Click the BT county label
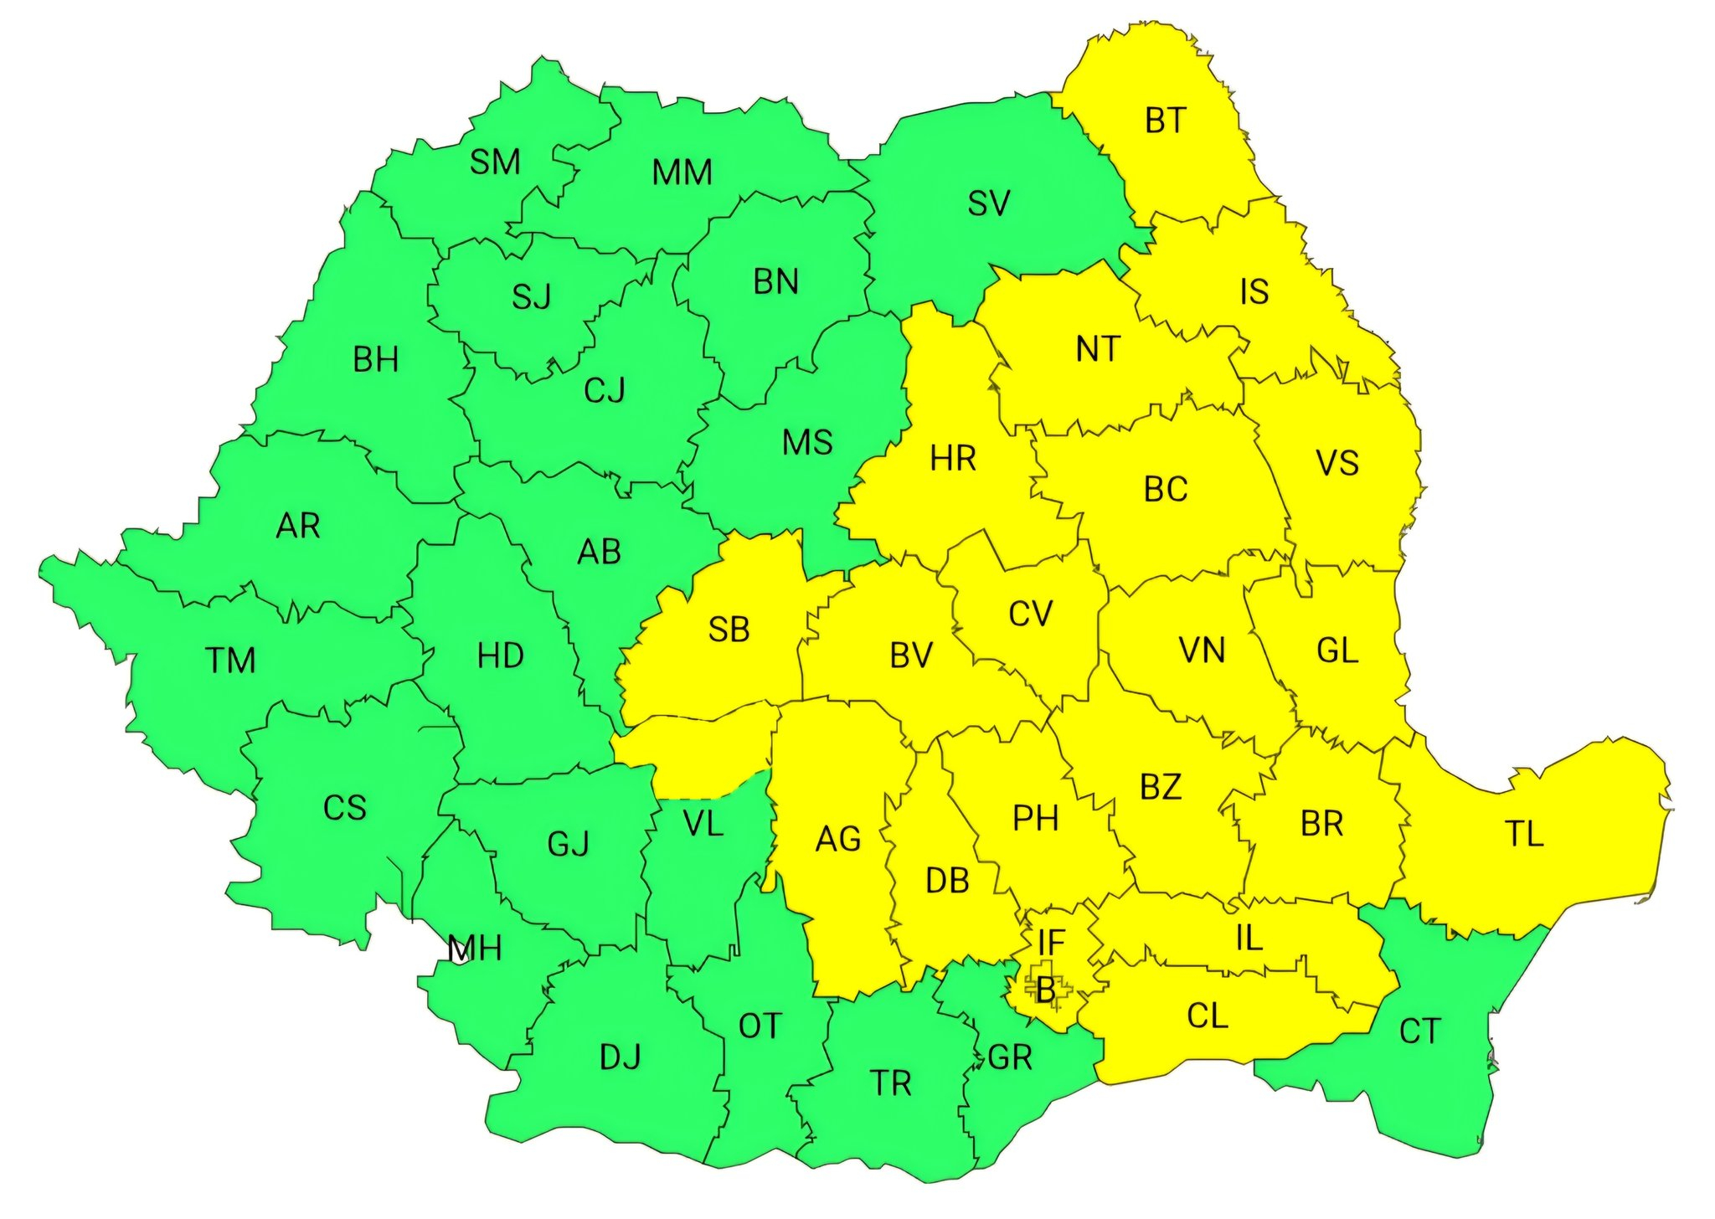tap(1165, 121)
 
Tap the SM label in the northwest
tap(495, 162)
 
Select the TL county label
tap(1523, 835)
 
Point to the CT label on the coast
tap(1419, 1031)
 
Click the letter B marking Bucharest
tap(1045, 990)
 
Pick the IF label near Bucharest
tap(1051, 944)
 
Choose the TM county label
tap(230, 661)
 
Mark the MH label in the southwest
tap(474, 949)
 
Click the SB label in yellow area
tap(729, 630)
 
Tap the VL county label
tap(703, 825)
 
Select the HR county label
tap(953, 459)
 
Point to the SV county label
tap(988, 203)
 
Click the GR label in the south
tap(1010, 1058)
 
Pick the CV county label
tap(1029, 615)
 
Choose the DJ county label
tap(620, 1057)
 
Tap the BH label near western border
tap(375, 360)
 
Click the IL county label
tap(1249, 939)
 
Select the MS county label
tap(807, 443)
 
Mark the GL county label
tap(1336, 651)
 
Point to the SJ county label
tap(532, 297)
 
